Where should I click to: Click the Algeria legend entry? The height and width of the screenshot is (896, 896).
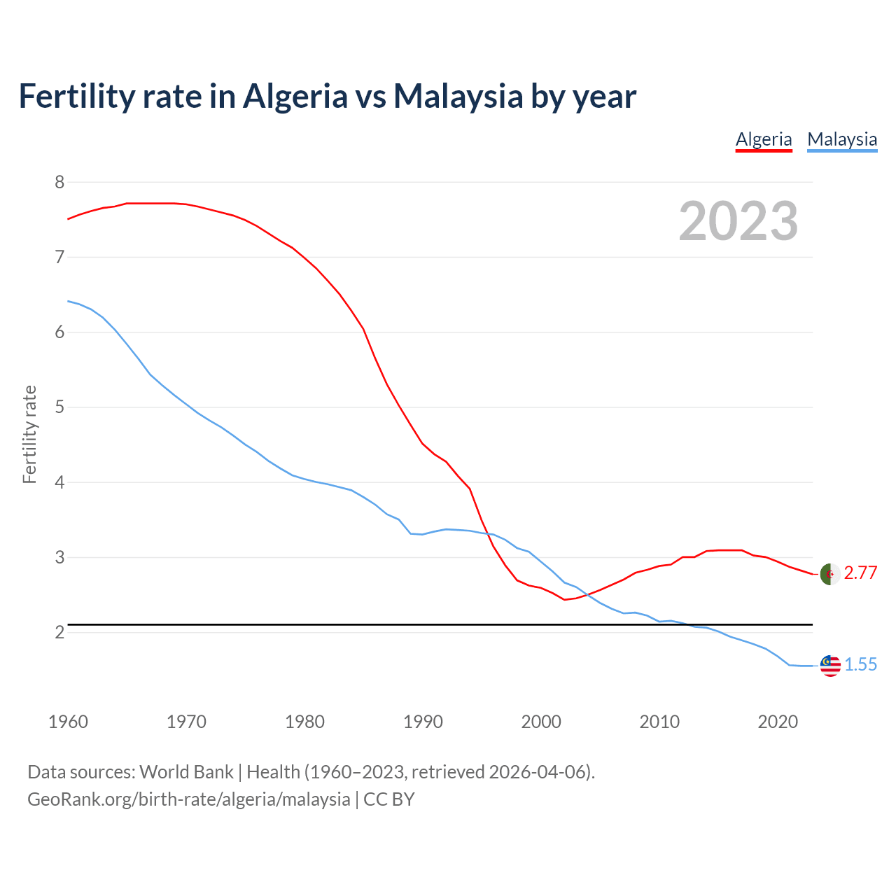tap(763, 139)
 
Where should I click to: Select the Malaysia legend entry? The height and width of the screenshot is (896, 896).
tap(841, 139)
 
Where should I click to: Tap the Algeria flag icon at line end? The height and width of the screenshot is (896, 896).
tap(829, 573)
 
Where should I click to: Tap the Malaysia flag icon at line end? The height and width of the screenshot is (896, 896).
tap(829, 665)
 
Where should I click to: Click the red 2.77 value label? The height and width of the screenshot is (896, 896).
tap(860, 573)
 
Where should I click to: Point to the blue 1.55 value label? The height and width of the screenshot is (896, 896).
tap(860, 665)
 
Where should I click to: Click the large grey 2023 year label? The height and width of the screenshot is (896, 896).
tap(738, 221)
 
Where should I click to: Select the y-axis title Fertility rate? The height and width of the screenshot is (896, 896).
tap(29, 434)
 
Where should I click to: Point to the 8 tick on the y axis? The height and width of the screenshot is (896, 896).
tap(59, 183)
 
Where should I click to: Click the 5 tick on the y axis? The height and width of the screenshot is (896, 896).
tap(59, 407)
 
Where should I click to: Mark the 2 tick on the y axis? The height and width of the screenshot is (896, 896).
tap(59, 633)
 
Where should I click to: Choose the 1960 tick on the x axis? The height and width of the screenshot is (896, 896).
tap(68, 722)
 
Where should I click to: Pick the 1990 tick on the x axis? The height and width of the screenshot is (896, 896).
tap(423, 722)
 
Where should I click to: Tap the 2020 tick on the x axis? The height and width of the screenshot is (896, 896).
tap(777, 722)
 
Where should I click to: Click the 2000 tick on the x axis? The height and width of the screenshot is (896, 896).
tap(541, 722)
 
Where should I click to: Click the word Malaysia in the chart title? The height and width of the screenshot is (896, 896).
tap(458, 97)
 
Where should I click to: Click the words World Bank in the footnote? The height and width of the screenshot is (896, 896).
tap(186, 772)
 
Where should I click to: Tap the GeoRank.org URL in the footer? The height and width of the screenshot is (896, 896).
tap(188, 799)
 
